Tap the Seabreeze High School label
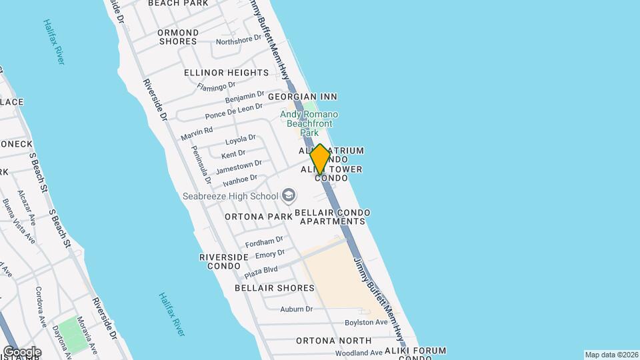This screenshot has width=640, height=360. [x=230, y=196]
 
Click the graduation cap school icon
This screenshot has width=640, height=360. [x=289, y=195]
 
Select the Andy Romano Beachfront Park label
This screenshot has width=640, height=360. [x=309, y=123]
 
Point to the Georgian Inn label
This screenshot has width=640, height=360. [x=303, y=97]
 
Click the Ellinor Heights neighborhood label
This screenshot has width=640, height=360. [x=226, y=72]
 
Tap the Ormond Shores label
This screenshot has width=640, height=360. [x=178, y=37]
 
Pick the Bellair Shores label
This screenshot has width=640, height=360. [x=274, y=288]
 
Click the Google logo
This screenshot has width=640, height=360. [x=21, y=351]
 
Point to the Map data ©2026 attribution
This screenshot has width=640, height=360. [x=611, y=355]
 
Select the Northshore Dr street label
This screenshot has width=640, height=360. [x=239, y=40]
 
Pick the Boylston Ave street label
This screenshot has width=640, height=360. [x=366, y=323]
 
